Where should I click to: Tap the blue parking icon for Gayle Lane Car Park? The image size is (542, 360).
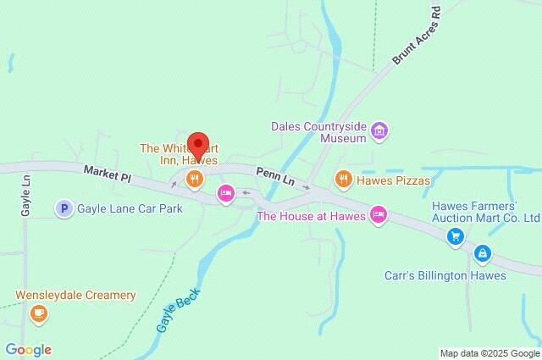(63, 207)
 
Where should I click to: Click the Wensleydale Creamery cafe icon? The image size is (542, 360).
(38, 313)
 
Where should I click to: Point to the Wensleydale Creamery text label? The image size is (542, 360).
(75, 295)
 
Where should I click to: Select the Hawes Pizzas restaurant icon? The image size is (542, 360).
(342, 179)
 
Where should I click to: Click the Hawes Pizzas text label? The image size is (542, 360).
(394, 180)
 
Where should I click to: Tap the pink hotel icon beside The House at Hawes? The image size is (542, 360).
(379, 215)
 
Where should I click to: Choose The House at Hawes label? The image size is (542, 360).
(311, 216)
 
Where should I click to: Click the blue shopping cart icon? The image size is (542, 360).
(456, 237)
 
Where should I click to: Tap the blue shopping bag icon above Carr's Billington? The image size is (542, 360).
(482, 252)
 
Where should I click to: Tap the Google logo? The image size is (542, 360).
(28, 350)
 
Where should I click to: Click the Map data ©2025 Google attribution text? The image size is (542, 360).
(489, 352)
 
